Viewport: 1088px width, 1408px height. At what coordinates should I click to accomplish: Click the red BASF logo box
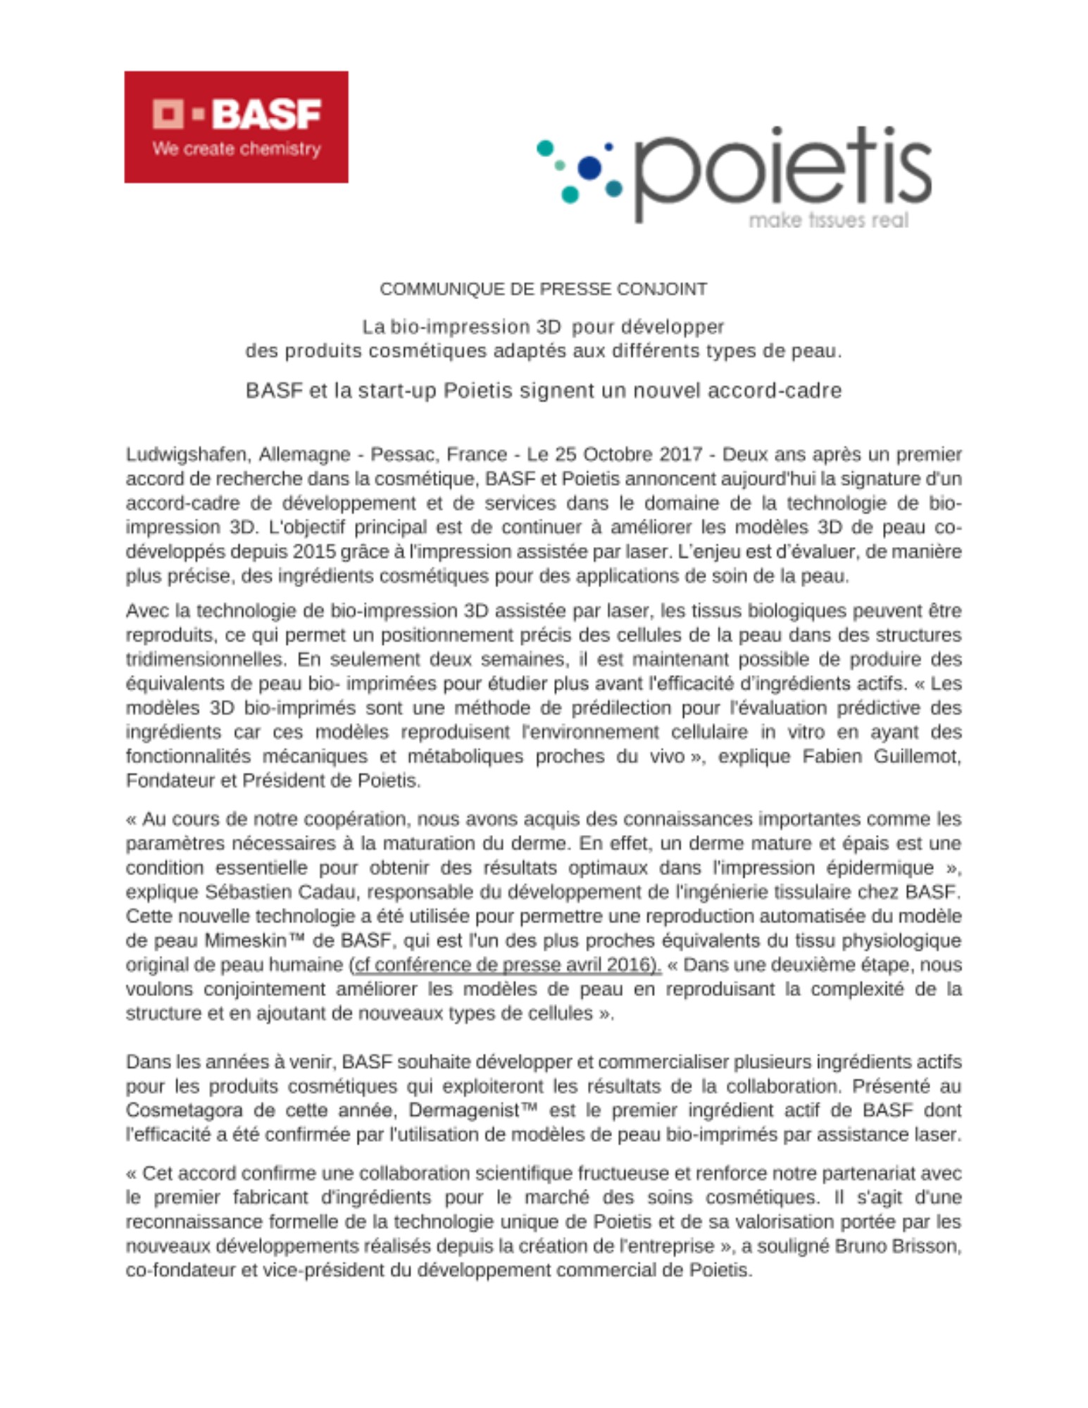pyautogui.click(x=236, y=127)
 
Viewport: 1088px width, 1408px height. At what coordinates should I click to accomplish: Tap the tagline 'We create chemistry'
pyautogui.click(x=237, y=149)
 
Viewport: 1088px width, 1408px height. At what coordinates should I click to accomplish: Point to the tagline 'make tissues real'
pyautogui.click(x=828, y=220)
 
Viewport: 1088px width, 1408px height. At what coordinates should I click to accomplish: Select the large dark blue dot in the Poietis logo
pyautogui.click(x=589, y=168)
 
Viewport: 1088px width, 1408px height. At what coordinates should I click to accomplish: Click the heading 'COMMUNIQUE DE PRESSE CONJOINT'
pyautogui.click(x=543, y=289)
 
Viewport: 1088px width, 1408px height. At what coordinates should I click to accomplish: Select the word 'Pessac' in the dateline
pyautogui.click(x=399, y=455)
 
